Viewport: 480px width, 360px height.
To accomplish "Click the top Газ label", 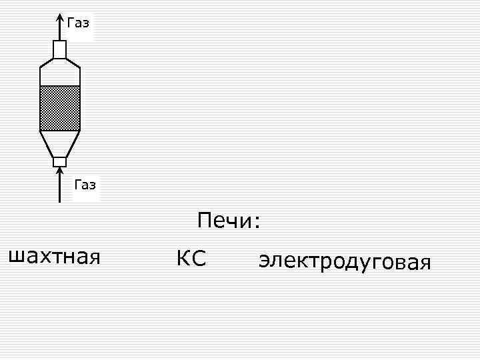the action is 78,23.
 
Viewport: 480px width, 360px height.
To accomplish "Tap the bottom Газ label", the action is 85,185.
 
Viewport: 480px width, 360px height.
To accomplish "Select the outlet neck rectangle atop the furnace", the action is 60,49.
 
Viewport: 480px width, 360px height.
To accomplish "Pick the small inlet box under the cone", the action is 60,161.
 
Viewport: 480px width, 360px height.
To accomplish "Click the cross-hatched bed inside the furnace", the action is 60,108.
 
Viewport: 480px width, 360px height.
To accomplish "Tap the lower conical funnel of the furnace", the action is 60,143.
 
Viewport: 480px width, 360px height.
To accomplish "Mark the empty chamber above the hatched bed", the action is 60,73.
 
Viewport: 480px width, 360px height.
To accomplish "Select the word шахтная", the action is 53,256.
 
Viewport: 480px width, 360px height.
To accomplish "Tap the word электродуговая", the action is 345,261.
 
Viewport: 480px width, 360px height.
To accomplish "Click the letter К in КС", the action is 183,258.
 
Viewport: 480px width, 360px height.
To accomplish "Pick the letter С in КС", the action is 199,258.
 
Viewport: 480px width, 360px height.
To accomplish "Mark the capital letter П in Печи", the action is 204,220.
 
